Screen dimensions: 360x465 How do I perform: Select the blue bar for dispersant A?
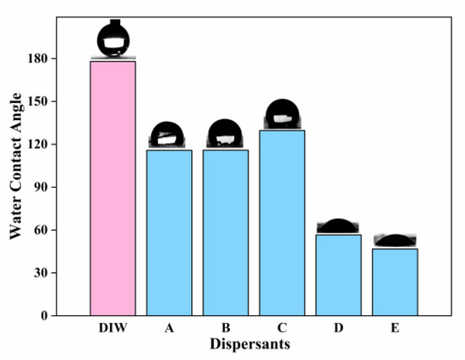[169, 232]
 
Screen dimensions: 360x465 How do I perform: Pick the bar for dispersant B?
[225, 232]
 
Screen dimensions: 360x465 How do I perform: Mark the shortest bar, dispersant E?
[395, 281]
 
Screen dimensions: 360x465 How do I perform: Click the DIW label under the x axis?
[112, 330]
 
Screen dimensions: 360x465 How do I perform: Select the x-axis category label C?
[282, 330]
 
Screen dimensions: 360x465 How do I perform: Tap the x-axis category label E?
[395, 330]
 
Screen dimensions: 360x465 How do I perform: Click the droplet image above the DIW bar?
[113, 39]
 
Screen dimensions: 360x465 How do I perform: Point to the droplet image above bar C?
[282, 114]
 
